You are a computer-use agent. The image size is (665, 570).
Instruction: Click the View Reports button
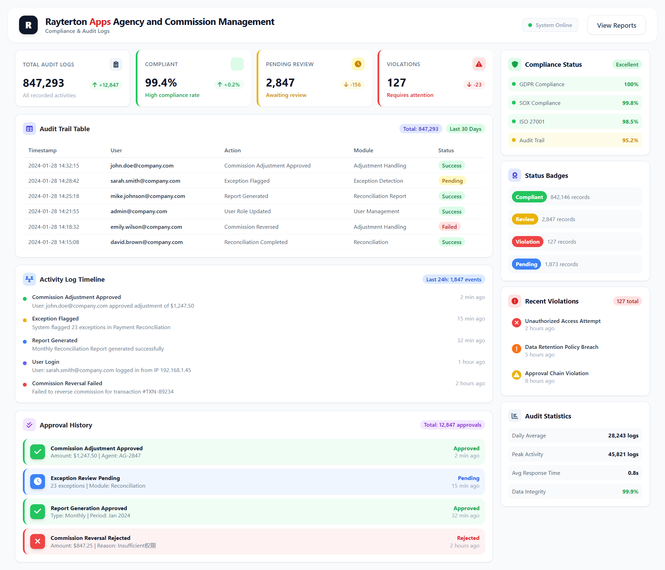[616, 25]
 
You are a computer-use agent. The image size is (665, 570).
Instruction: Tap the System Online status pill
[550, 25]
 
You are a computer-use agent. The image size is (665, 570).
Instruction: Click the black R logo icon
[28, 25]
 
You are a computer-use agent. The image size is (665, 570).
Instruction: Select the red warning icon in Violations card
[479, 64]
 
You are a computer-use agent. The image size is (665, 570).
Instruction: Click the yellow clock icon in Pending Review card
[358, 64]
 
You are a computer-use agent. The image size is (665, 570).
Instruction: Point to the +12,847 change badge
[106, 85]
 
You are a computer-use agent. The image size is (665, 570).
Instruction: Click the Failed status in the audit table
[449, 227]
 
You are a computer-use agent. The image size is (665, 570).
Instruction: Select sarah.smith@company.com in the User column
[145, 181]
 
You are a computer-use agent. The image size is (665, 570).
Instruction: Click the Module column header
[363, 150]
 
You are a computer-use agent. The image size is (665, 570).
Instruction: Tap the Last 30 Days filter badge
[465, 129]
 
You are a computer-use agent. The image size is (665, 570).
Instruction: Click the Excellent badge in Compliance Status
[627, 64]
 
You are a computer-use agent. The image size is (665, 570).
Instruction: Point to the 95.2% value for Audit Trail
[630, 140]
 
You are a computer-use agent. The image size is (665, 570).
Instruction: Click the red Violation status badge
[527, 242]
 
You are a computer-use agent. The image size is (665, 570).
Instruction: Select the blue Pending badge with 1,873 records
[526, 264]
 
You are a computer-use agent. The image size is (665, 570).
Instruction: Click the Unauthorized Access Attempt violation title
[562, 321]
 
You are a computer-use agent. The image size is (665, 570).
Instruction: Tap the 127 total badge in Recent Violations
[627, 301]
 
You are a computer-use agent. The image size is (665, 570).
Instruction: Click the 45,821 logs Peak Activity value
[623, 454]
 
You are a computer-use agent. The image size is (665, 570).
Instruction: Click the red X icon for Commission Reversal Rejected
[37, 541]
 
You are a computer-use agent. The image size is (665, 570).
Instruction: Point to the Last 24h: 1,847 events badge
[453, 279]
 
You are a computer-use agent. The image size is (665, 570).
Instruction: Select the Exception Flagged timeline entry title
[55, 318]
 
